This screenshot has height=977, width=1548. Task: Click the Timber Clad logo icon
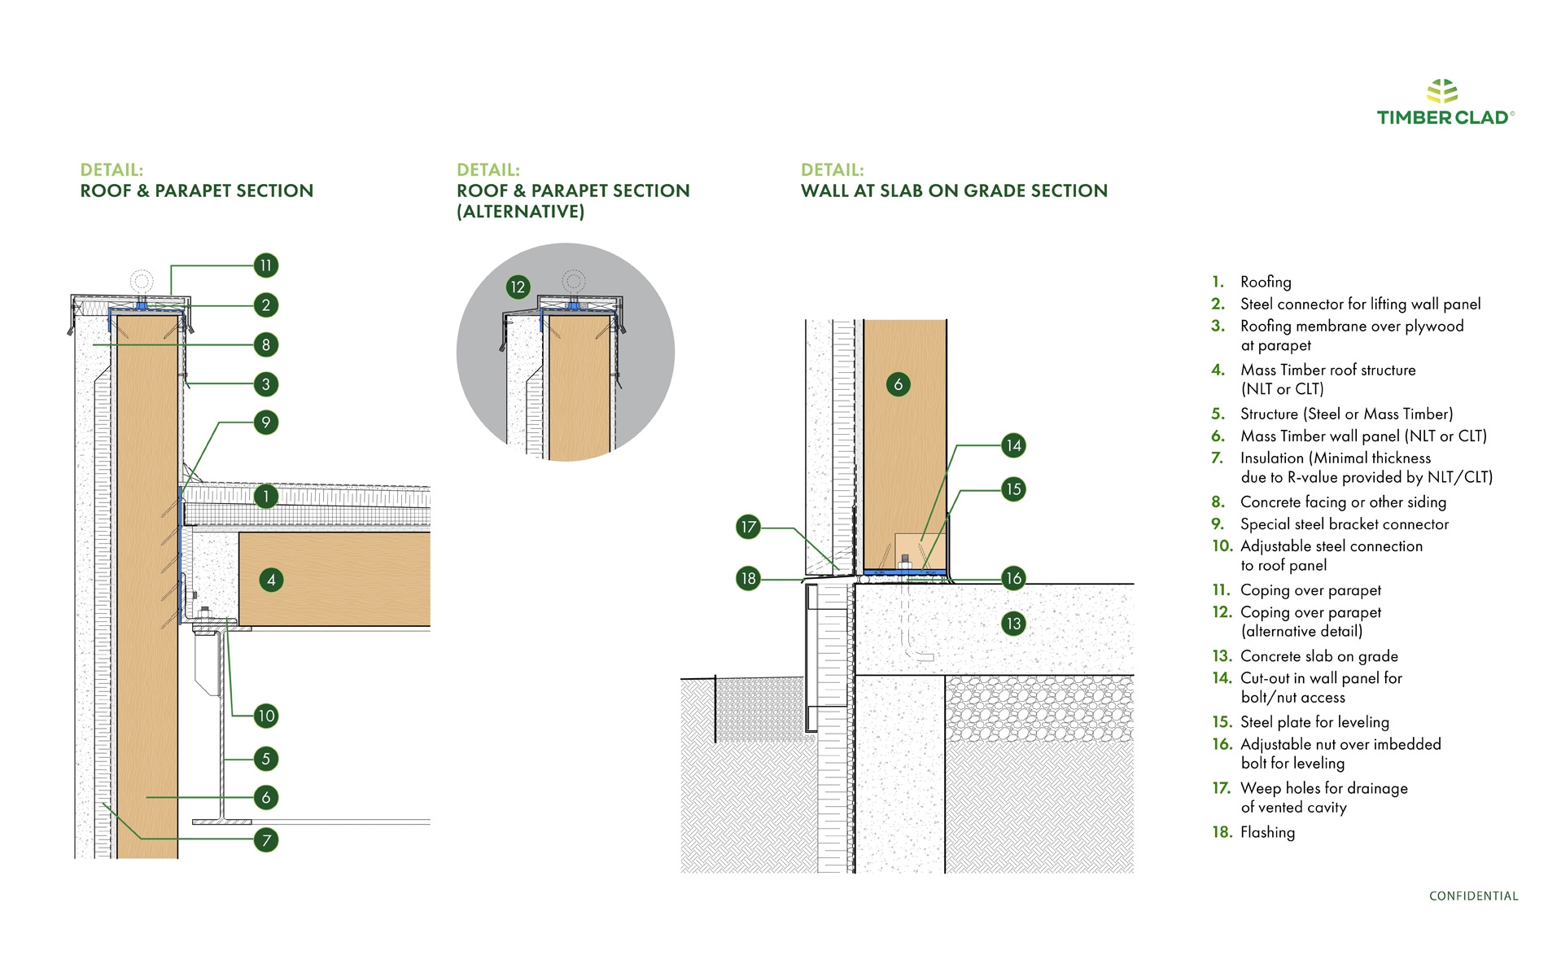coord(1442,90)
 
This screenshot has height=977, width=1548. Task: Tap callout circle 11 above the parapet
coord(265,265)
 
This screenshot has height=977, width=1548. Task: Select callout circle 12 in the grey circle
coord(518,287)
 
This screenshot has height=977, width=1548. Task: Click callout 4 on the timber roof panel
coord(271,580)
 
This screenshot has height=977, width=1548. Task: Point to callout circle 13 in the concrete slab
coord(1013,624)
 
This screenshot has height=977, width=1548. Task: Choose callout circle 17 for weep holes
coord(748,527)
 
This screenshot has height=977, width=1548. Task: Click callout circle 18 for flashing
coord(748,579)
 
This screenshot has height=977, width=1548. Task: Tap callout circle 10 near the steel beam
coord(266,716)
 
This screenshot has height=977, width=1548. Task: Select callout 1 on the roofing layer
coord(265,496)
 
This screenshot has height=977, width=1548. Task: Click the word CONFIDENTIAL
coord(1473,896)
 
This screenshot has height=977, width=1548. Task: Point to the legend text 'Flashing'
coord(1267,832)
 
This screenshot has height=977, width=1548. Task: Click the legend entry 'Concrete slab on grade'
coord(1318,656)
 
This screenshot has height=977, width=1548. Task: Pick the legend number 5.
coord(1218,414)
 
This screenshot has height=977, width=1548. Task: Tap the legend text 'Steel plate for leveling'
coord(1314,722)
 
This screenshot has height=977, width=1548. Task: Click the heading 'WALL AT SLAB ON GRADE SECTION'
coord(954,191)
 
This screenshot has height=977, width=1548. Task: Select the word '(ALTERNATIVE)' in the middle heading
coord(521,212)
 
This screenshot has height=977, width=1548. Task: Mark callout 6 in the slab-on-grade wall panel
coord(898,384)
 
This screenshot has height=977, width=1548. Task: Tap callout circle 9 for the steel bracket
coord(265,423)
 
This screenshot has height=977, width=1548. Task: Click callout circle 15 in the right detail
coord(1013,489)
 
